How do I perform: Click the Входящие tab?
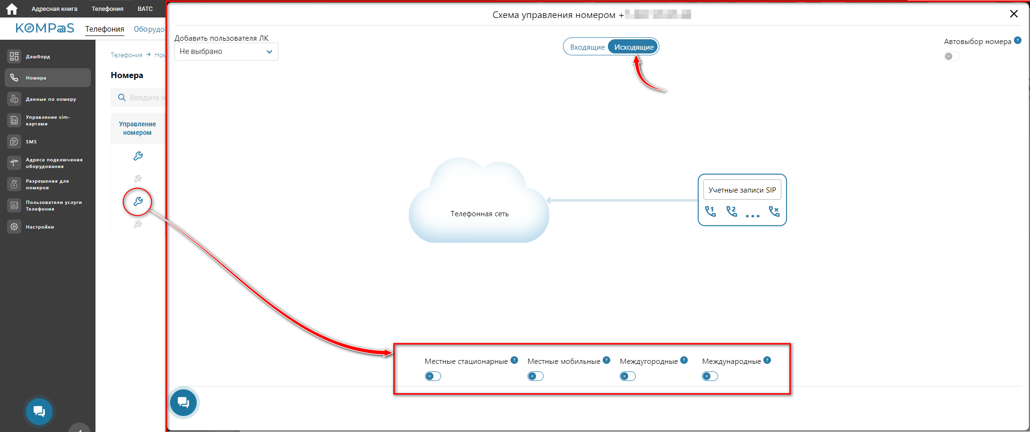[587, 47]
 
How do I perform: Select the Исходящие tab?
[633, 47]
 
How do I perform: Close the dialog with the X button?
[1013, 14]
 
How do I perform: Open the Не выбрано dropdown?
[226, 52]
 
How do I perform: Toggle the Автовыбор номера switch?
[952, 56]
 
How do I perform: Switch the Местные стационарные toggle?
[433, 376]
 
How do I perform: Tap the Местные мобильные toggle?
[535, 376]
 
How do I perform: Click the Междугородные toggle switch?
[627, 376]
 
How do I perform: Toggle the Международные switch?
[710, 376]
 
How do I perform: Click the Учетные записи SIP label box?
[742, 190]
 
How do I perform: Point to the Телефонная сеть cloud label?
[479, 214]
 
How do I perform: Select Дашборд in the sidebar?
[38, 56]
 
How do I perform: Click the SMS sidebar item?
[31, 141]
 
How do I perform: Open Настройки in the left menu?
[40, 227]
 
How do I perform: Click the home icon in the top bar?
[11, 9]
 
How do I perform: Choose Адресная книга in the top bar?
[54, 9]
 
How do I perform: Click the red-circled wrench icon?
[138, 202]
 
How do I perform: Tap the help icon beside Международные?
[767, 360]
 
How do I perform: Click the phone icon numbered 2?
[731, 211]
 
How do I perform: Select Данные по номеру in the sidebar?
[51, 99]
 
